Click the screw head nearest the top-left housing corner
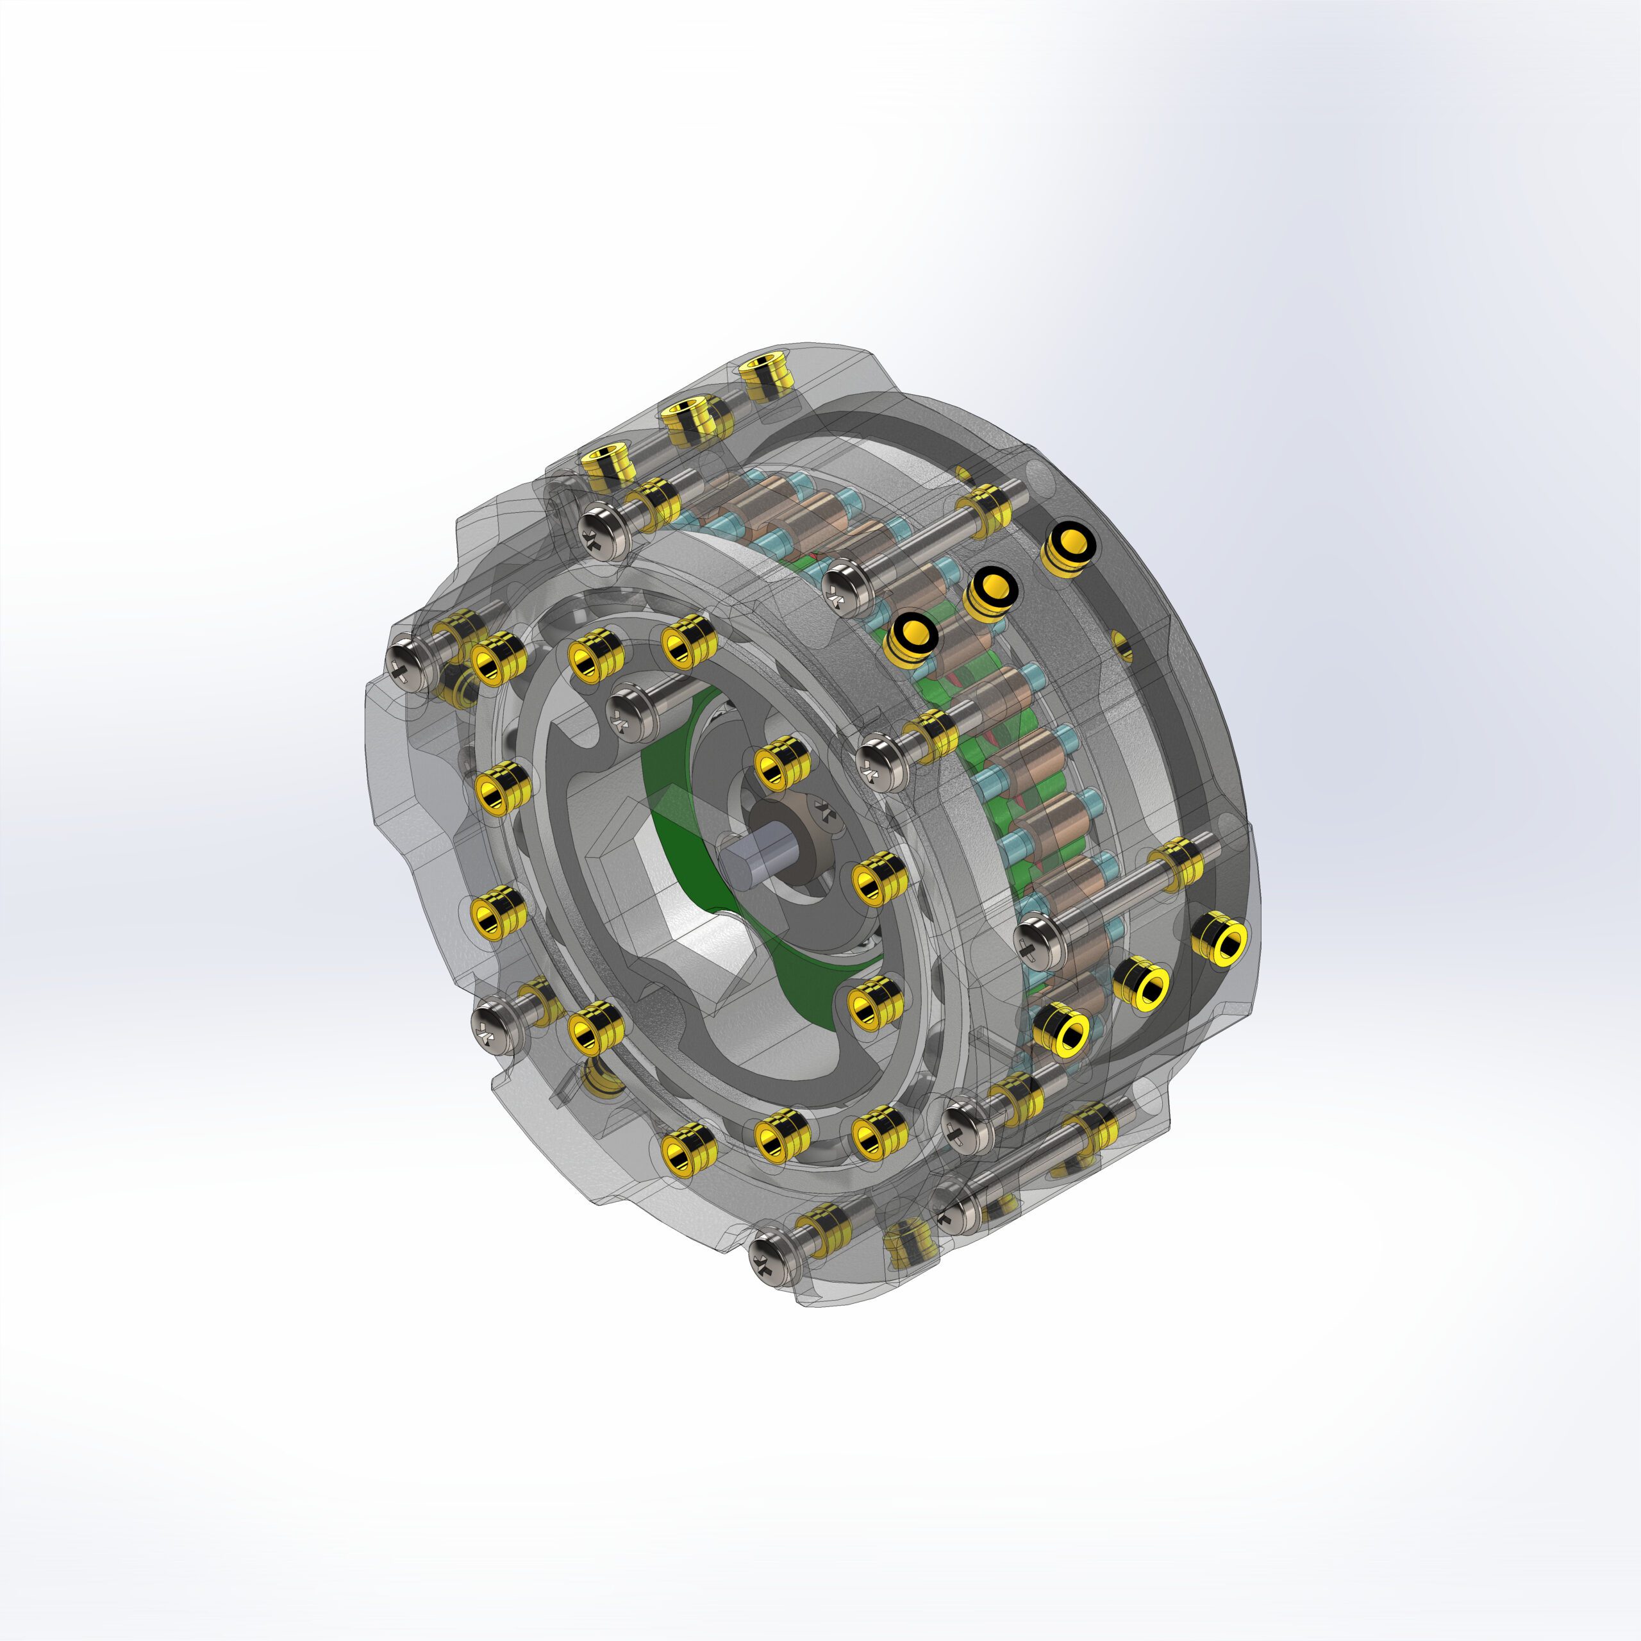coord(604,528)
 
